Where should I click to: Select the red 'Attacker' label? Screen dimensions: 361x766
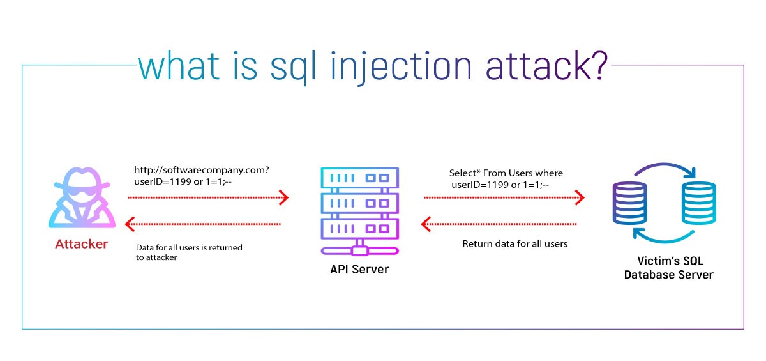(82, 244)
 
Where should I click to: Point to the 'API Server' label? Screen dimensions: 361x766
(359, 269)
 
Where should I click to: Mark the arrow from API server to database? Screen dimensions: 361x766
(504, 198)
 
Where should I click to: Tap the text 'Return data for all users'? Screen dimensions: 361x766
(514, 243)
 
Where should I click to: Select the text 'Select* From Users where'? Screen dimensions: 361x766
(506, 173)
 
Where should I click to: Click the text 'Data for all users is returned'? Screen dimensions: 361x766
(189, 247)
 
